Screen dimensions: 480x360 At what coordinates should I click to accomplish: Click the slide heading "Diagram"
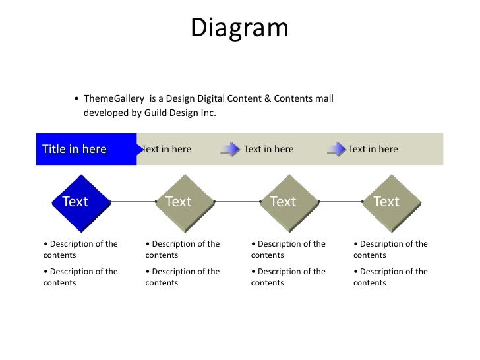tap(240, 28)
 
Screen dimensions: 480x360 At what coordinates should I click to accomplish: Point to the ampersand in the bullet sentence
tap(268, 99)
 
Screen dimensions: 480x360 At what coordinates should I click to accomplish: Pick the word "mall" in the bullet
tap(324, 99)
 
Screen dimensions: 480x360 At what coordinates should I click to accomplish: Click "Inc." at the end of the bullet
tap(208, 113)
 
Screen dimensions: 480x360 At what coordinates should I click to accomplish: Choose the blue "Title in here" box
tap(86, 149)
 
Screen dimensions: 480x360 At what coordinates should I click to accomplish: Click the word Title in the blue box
tap(54, 149)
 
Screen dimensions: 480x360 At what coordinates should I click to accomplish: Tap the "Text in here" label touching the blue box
tap(167, 149)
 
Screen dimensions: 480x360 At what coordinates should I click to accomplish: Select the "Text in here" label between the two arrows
tap(268, 149)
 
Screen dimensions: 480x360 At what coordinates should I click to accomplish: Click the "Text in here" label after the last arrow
tap(373, 149)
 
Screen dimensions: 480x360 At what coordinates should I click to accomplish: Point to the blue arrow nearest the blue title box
tap(230, 149)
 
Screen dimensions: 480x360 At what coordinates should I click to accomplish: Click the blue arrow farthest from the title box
tap(336, 149)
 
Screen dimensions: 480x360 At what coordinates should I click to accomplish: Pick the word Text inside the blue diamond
tap(75, 202)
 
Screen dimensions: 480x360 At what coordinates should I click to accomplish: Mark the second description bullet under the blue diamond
tap(80, 277)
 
